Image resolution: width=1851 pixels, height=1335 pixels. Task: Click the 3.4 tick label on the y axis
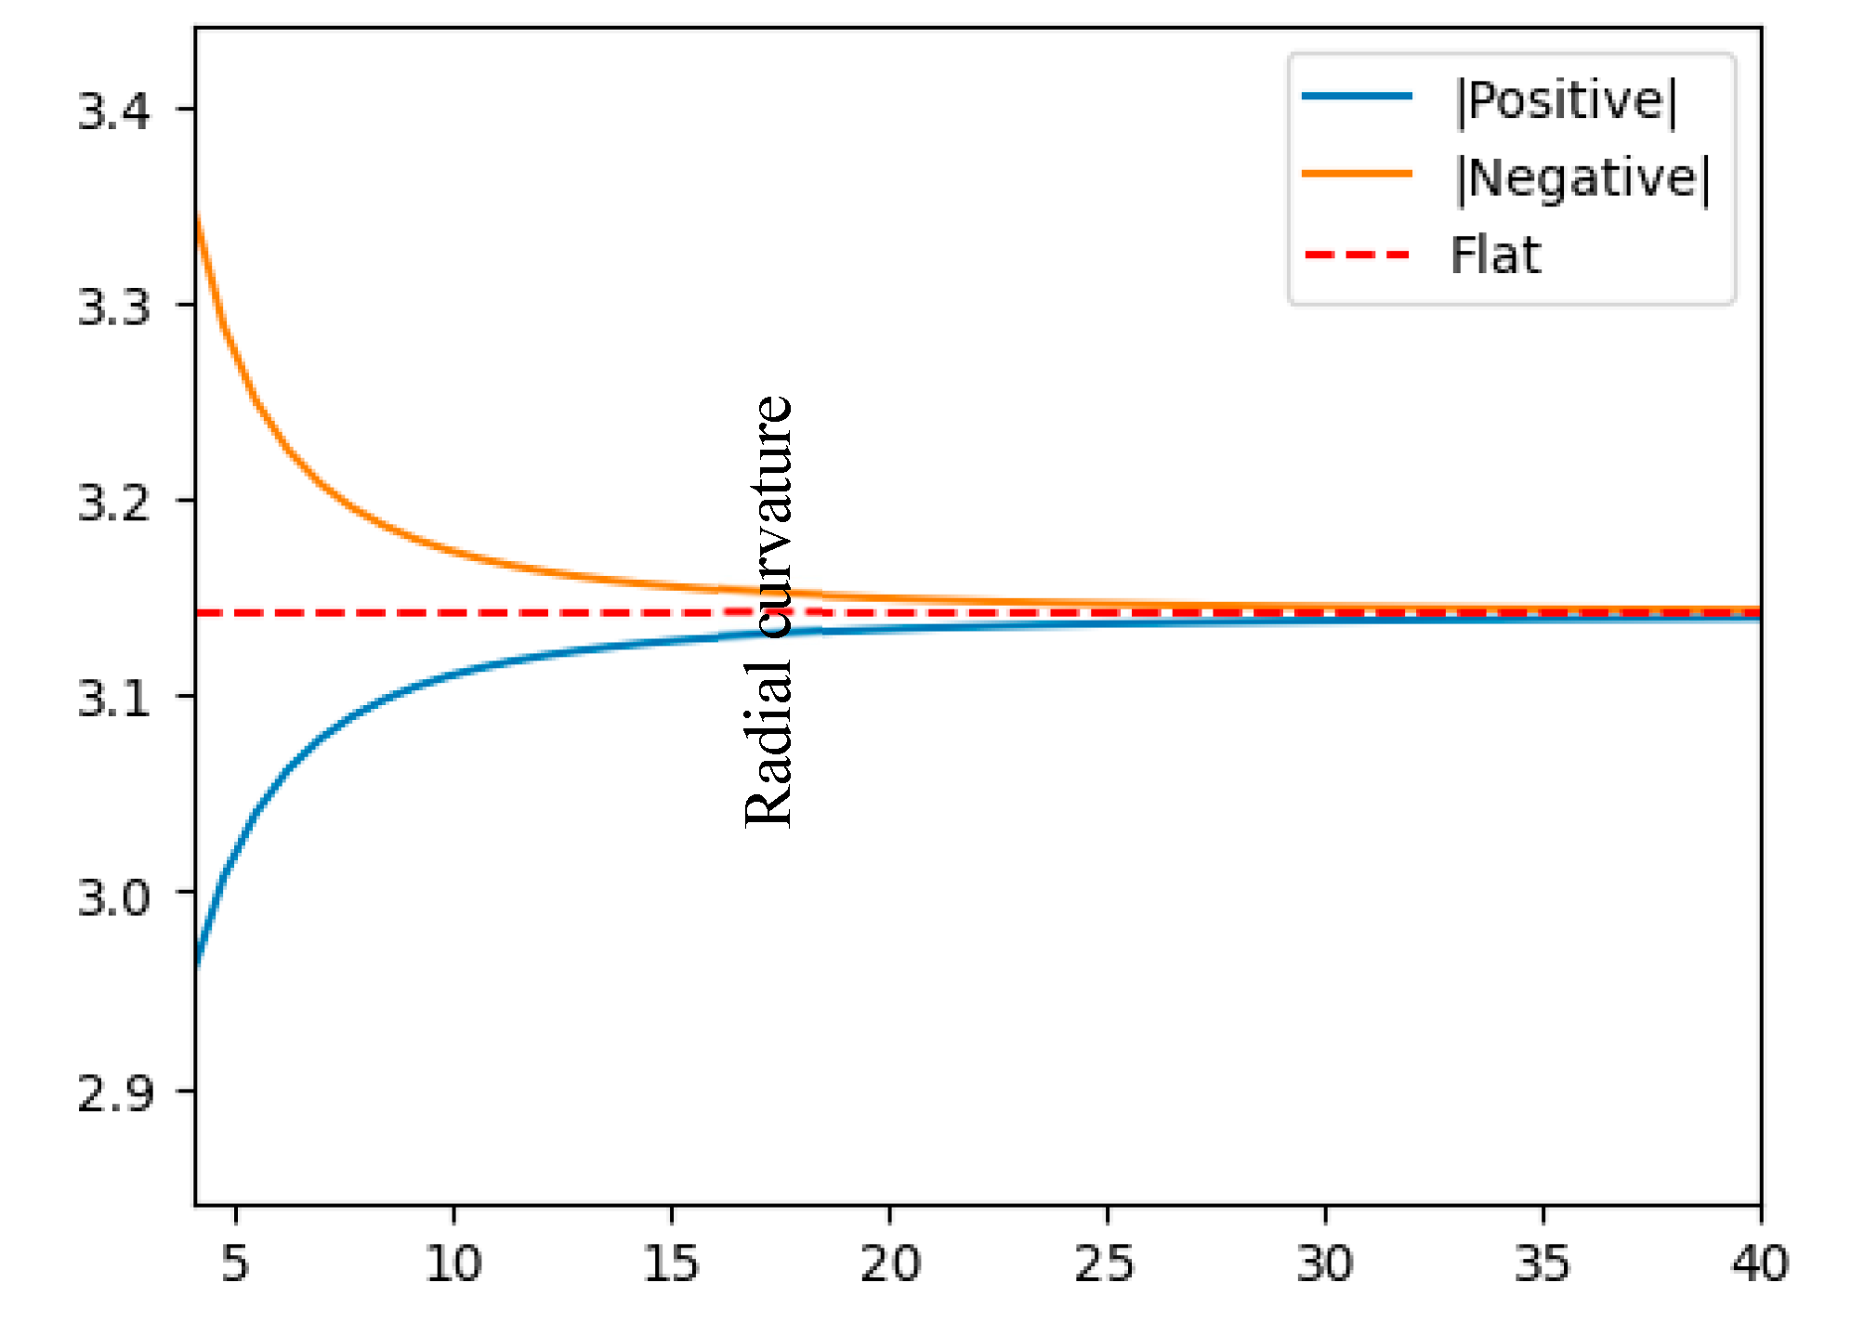[112, 111]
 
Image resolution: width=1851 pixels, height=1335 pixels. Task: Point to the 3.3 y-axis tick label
[112, 307]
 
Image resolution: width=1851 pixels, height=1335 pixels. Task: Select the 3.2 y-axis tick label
[112, 503]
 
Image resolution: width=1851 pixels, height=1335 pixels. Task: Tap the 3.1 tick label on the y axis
[112, 698]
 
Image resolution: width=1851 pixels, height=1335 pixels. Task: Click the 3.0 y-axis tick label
[112, 897]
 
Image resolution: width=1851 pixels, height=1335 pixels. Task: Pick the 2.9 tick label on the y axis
[112, 1093]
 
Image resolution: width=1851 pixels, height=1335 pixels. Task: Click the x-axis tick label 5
[235, 1263]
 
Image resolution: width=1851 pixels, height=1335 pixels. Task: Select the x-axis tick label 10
[453, 1263]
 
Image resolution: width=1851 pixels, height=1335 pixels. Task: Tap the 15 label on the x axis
[670, 1263]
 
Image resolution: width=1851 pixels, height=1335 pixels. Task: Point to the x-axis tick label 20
[889, 1263]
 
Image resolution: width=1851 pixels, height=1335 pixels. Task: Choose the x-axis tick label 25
[1106, 1263]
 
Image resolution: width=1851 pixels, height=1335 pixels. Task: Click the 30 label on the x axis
[1324, 1263]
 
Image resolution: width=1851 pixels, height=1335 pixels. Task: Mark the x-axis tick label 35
[1542, 1263]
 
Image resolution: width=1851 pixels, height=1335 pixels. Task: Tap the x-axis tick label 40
[1759, 1263]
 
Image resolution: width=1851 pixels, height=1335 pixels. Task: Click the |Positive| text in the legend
[1567, 100]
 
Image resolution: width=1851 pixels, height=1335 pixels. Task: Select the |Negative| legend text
[1582, 177]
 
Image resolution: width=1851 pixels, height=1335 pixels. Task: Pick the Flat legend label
[1495, 255]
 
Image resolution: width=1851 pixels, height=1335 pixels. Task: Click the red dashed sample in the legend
[1357, 255]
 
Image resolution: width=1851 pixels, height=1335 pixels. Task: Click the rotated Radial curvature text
[769, 611]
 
